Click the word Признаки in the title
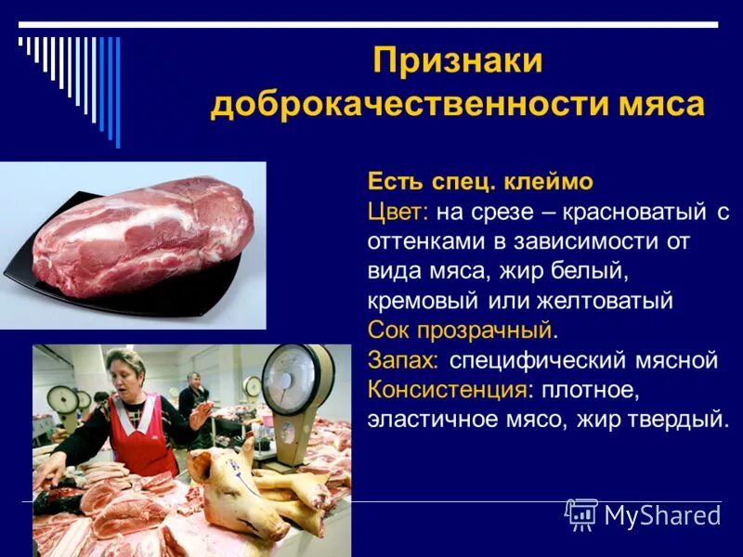point(457,63)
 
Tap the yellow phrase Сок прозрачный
point(460,330)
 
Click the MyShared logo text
point(661,515)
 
